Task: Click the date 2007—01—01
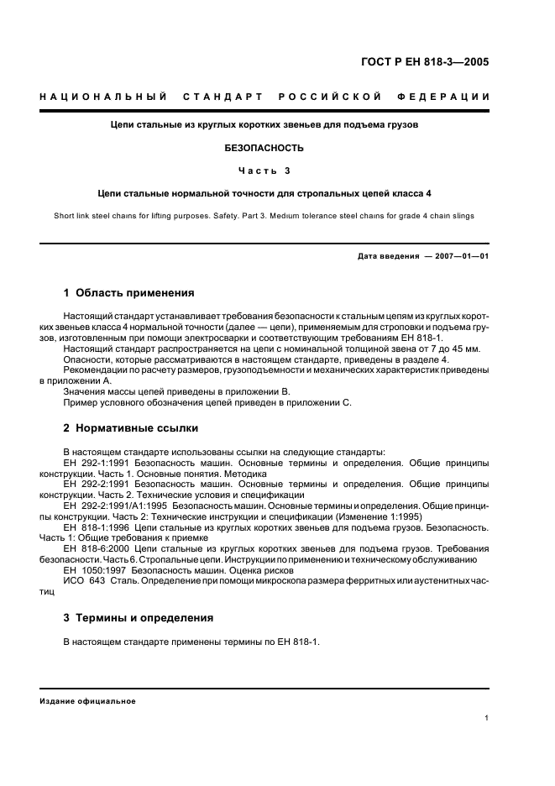[x=460, y=255]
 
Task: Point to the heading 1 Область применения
[x=128, y=293]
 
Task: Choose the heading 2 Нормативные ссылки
[x=131, y=427]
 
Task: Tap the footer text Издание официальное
[x=87, y=700]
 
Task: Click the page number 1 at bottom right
[x=487, y=717]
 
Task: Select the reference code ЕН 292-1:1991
[x=92, y=463]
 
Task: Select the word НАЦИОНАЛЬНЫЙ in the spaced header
[x=102, y=96]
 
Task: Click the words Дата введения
[x=389, y=255]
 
